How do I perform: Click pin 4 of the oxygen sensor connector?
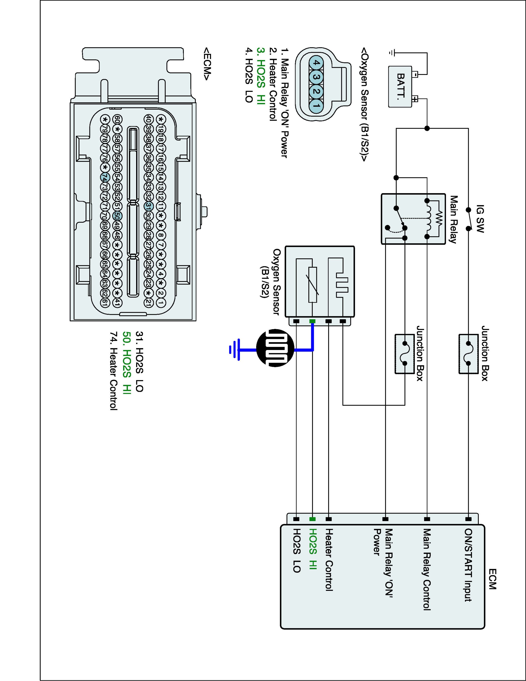point(316,63)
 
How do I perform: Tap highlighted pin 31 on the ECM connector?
point(149,206)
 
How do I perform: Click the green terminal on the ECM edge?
point(312,519)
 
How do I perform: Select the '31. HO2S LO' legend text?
point(139,361)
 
